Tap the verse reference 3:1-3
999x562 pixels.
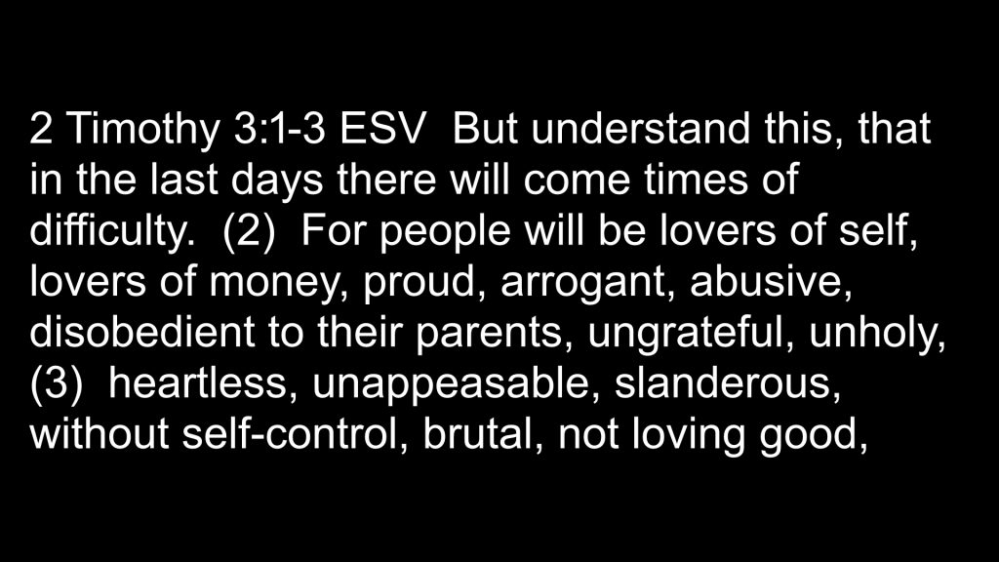280,128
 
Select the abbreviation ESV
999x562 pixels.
381,128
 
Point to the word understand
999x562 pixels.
640,128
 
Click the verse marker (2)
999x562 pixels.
249,232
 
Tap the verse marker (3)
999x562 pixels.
56,384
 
